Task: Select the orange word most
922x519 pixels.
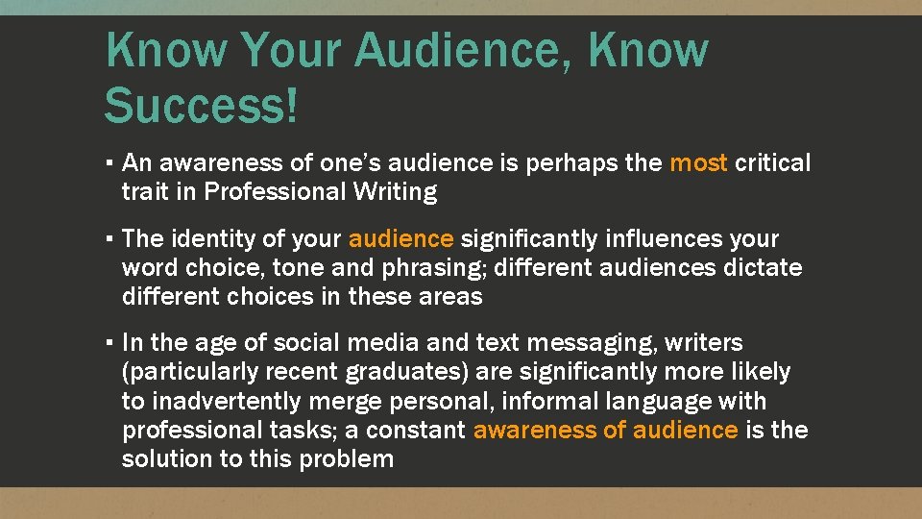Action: pyautogui.click(x=698, y=163)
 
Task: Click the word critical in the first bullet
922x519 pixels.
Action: pyautogui.click(x=773, y=163)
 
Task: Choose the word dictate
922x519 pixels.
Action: pyautogui.click(x=760, y=267)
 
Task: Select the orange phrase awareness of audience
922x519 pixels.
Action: pyautogui.click(x=605, y=430)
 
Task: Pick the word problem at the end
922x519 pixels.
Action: pyautogui.click(x=346, y=458)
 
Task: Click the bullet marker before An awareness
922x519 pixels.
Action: pyautogui.click(x=112, y=163)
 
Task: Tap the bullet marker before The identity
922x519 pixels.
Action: pyautogui.click(x=112, y=238)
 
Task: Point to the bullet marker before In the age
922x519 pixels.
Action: pyautogui.click(x=112, y=342)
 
